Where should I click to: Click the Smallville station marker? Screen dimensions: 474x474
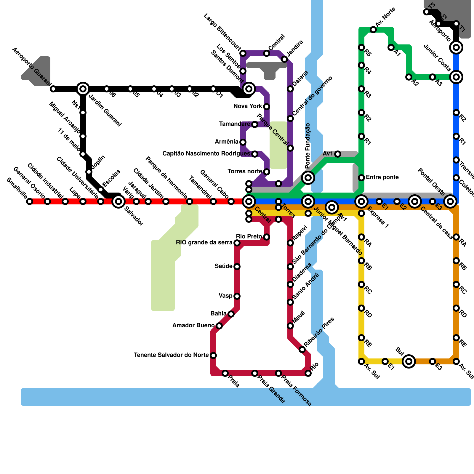pyautogui.click(x=30, y=202)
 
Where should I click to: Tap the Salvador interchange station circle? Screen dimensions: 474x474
pyautogui.click(x=118, y=202)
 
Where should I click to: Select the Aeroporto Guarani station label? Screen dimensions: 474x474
pyautogui.click(x=32, y=68)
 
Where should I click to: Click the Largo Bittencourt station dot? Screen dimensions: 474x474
pyautogui.click(x=243, y=53)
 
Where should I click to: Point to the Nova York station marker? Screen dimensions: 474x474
pyautogui.click(x=267, y=107)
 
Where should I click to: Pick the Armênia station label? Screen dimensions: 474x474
pyautogui.click(x=227, y=142)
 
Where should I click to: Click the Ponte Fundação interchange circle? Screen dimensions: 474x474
pyautogui.click(x=308, y=178)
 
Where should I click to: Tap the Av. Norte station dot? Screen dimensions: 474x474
pyautogui.click(x=373, y=30)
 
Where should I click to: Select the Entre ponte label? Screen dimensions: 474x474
pyautogui.click(x=382, y=177)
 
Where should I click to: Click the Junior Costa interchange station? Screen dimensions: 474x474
pyautogui.click(x=456, y=77)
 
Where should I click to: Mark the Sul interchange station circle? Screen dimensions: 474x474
pyautogui.click(x=409, y=361)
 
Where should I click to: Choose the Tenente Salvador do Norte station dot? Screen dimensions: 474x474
pyautogui.click(x=213, y=355)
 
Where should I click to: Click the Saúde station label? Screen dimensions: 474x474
pyautogui.click(x=224, y=266)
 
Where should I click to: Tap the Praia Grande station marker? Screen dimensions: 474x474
pyautogui.click(x=255, y=373)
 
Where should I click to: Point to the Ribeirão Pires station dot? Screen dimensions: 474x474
pyautogui.click(x=302, y=350)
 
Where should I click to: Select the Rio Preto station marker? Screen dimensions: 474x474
pyautogui.click(x=267, y=237)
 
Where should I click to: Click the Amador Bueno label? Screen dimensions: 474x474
pyautogui.click(x=193, y=326)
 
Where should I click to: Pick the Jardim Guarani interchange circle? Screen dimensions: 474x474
pyautogui.click(x=83, y=89)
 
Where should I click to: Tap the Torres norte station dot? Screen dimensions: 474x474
pyautogui.click(x=267, y=172)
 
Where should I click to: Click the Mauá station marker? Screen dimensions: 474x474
pyautogui.click(x=290, y=326)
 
